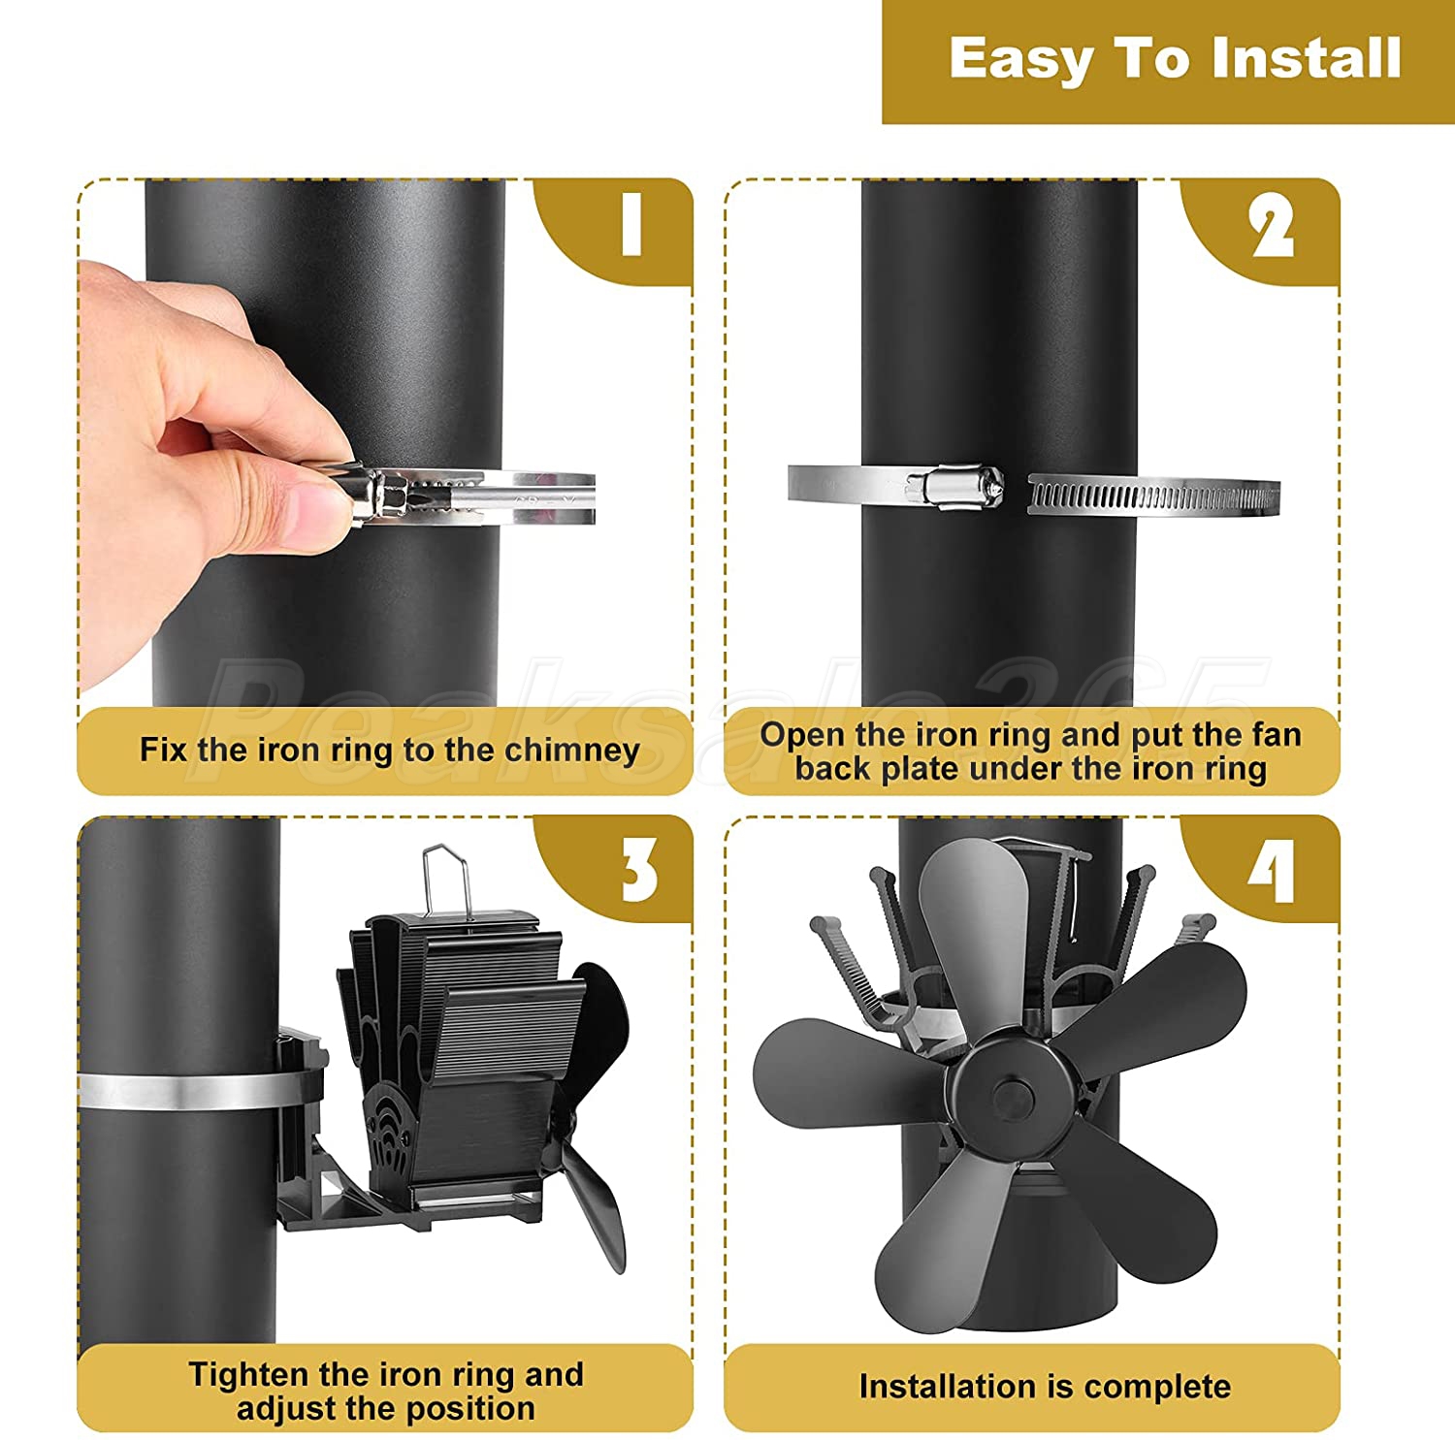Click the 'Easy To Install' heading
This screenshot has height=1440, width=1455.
1175,59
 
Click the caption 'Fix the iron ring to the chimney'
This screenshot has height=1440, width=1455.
390,750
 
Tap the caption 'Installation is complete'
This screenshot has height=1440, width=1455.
1045,1386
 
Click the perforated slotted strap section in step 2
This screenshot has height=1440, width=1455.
1153,496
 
